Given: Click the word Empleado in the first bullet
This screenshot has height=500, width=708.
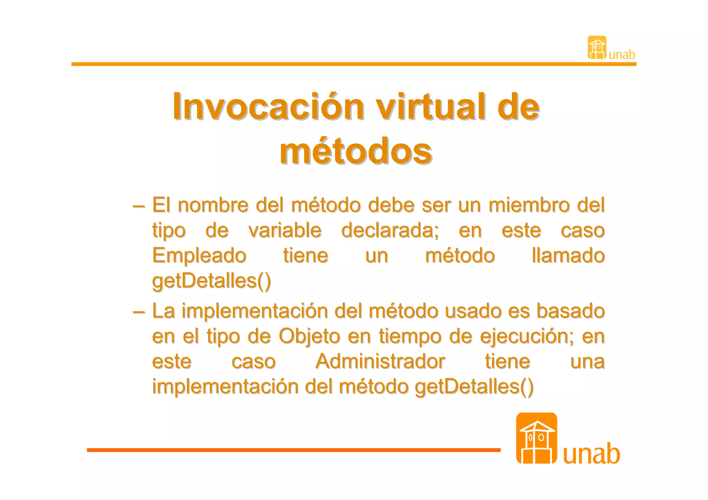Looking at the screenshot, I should (x=199, y=256).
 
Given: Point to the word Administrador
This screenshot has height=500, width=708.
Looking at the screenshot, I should (x=380, y=361).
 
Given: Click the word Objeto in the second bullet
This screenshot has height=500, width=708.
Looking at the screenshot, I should (x=309, y=336).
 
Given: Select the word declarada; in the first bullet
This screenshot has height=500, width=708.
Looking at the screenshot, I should (x=390, y=230).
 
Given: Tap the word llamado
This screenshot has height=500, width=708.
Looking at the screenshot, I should (x=568, y=256).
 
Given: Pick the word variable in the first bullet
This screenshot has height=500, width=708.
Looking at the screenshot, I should (x=285, y=230).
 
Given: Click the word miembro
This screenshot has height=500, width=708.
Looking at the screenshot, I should (x=529, y=205).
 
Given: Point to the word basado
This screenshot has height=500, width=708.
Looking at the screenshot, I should (x=570, y=311).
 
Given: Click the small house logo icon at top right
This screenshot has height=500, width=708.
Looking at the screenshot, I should (x=597, y=48).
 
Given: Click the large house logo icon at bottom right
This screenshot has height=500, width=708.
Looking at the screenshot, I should (x=536, y=438).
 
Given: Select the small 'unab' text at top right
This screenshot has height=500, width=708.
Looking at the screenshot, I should (x=622, y=55).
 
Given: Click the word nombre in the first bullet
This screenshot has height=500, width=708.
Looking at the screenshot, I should (x=213, y=205).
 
